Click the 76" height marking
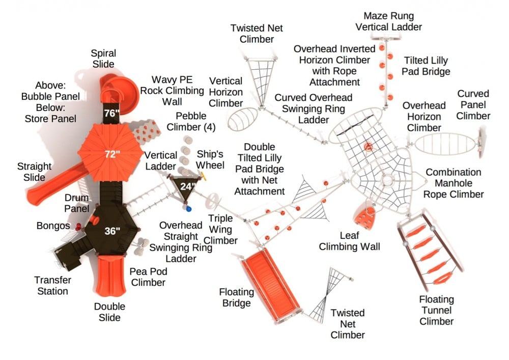(110, 113)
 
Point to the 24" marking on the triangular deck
(187, 186)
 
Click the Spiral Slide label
(103, 59)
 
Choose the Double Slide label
(109, 312)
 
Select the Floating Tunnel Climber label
(436, 310)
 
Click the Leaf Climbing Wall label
(349, 241)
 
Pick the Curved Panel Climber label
(473, 105)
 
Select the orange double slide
(110, 274)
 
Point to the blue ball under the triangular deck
(189, 208)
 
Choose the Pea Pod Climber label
(148, 277)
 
